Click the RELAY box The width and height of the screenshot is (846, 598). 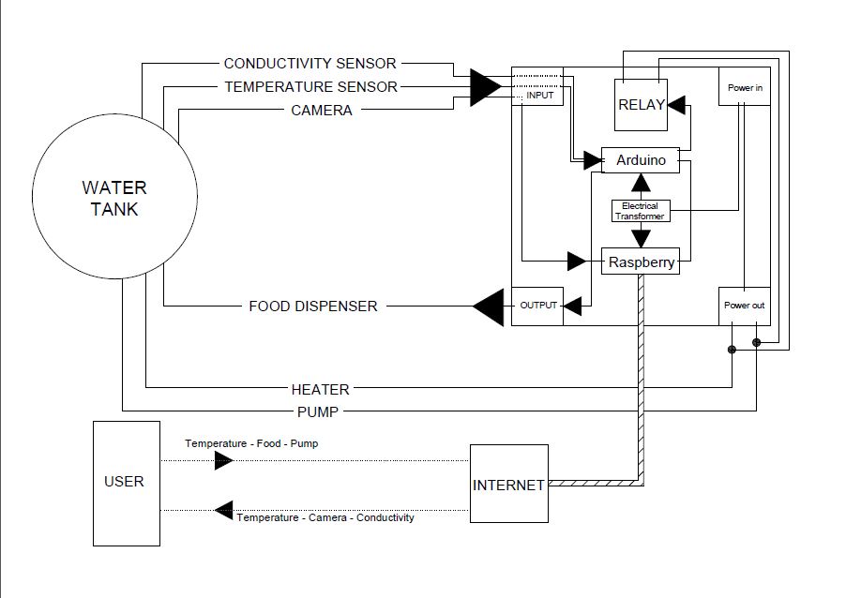tap(642, 105)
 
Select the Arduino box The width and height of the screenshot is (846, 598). tap(641, 160)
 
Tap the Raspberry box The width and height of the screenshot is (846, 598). tap(642, 262)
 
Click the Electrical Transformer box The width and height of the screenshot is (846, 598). tap(640, 211)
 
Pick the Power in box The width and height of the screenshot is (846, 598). tap(745, 87)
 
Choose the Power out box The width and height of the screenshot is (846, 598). tap(745, 306)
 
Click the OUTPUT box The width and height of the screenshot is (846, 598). tap(537, 306)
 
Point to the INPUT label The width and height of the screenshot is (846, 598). tap(539, 96)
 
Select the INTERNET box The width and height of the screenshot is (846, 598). tap(508, 485)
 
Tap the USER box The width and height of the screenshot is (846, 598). tap(124, 482)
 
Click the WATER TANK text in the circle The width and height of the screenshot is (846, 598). tap(114, 199)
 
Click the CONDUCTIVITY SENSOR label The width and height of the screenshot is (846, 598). tap(310, 64)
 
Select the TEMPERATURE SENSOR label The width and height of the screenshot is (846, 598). tap(310, 87)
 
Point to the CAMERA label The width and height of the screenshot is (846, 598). tap(321, 111)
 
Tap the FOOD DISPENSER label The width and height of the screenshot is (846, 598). tap(313, 306)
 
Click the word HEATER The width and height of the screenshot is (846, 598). tap(320, 389)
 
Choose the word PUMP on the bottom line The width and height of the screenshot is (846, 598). tap(319, 411)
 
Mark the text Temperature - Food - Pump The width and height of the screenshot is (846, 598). tap(250, 443)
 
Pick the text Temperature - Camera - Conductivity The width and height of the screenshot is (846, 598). tap(325, 517)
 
